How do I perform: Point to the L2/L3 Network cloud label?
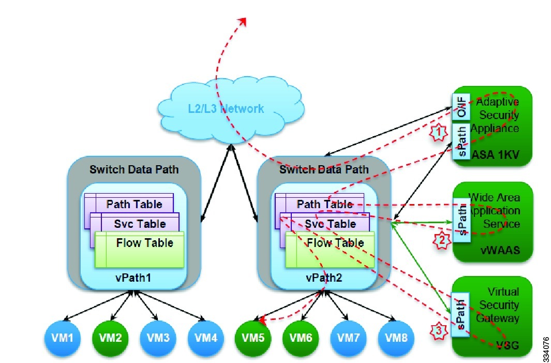pos(226,109)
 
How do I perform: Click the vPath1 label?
pos(133,278)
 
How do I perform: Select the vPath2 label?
pos(324,278)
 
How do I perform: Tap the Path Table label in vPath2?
pos(324,204)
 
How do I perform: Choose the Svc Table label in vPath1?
pos(133,224)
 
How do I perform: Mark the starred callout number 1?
pos(439,133)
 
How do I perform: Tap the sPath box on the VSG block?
pos(460,315)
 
